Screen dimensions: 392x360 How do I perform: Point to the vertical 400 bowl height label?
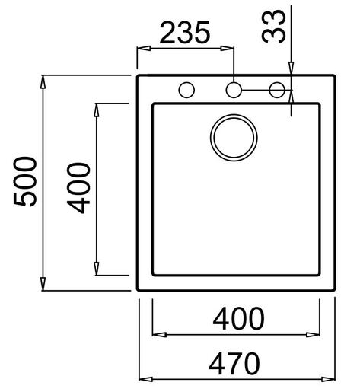tap(80, 188)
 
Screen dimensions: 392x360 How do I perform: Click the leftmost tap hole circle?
tap(185, 91)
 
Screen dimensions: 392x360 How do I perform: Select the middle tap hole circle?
tap(234, 91)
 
